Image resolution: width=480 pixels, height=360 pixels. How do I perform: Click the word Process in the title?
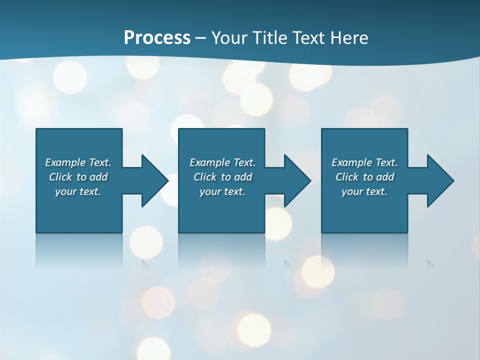157,38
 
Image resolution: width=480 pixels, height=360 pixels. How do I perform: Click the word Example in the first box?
65,162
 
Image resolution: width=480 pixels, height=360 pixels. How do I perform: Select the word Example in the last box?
352,162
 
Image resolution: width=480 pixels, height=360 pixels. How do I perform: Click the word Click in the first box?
60,177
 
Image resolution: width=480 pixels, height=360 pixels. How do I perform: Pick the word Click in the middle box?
205,177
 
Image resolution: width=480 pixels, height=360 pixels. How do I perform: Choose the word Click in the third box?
347,177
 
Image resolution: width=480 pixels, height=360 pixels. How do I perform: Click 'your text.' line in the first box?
78,191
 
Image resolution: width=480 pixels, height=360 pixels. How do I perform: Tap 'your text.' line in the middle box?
222,191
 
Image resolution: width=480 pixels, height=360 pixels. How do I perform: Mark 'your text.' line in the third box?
364,191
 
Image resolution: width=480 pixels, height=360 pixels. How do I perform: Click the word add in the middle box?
243,177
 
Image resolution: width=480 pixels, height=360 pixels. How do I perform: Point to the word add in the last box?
385,177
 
